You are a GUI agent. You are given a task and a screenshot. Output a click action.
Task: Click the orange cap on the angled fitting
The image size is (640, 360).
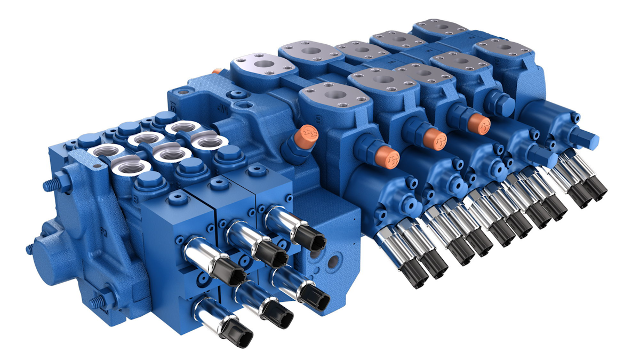tap(309, 133)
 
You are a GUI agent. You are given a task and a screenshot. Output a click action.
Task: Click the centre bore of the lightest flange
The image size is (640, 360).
tap(265, 63)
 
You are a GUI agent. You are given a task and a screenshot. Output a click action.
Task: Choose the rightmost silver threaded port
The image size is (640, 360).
tap(209, 142)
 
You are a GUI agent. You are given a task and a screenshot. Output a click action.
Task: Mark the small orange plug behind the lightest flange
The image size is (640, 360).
tap(216, 70)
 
